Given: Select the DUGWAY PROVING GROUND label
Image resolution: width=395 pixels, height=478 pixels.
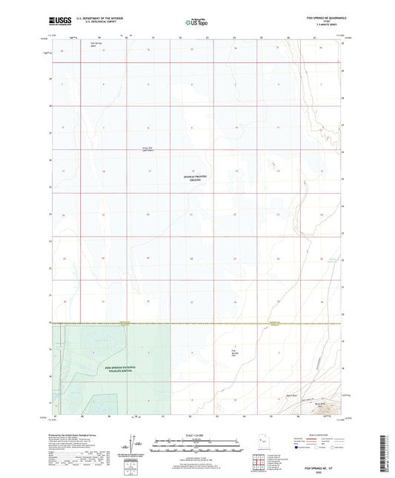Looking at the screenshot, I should (x=196, y=177).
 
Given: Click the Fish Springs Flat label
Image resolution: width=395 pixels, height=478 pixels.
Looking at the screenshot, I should (x=236, y=351).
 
